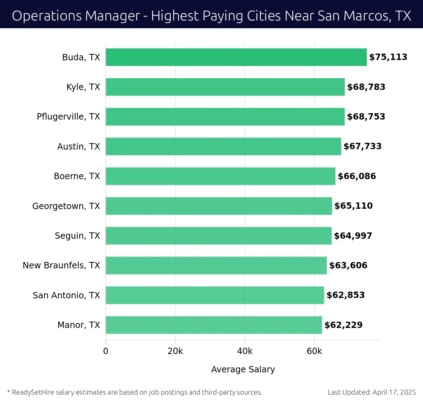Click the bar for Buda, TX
click(236, 57)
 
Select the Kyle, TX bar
click(225, 87)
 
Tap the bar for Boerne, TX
click(220, 176)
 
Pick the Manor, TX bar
click(214, 325)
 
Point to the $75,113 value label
click(388, 57)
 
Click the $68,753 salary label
click(366, 117)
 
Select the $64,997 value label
click(353, 236)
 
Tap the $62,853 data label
click(345, 295)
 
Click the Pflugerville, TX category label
click(68, 117)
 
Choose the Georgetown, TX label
click(66, 206)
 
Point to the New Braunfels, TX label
click(61, 266)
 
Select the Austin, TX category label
click(79, 147)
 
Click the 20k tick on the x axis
click(175, 351)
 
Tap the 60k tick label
click(314, 351)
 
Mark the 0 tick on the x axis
click(106, 351)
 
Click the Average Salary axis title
click(243, 369)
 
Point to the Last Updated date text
click(372, 392)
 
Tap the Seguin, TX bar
click(219, 236)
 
